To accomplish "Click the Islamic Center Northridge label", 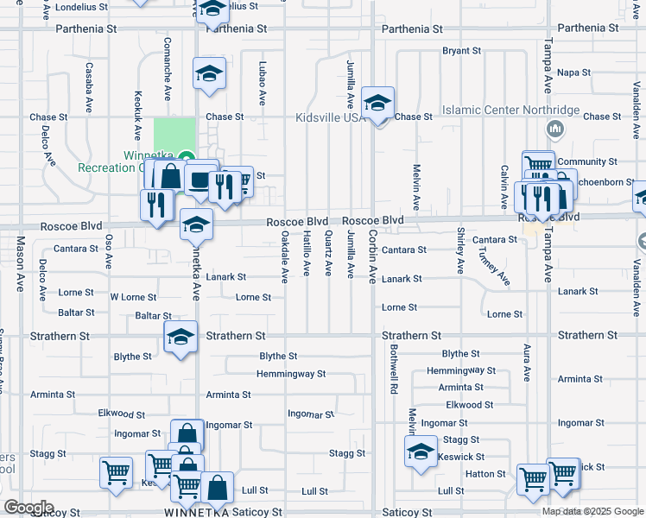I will point(510,111).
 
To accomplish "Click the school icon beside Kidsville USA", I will point(378,104).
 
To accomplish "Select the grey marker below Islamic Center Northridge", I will point(555,130).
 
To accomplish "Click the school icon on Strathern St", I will point(180,338).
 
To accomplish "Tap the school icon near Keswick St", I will point(421,452).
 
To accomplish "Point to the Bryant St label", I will point(461,51).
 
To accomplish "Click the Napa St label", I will point(573,73).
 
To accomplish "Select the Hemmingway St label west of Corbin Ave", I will point(291,374).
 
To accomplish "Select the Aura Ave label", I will point(526,363).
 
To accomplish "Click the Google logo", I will point(28,508).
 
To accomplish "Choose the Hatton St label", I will point(486,474).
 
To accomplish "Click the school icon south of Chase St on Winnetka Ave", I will point(208,75).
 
